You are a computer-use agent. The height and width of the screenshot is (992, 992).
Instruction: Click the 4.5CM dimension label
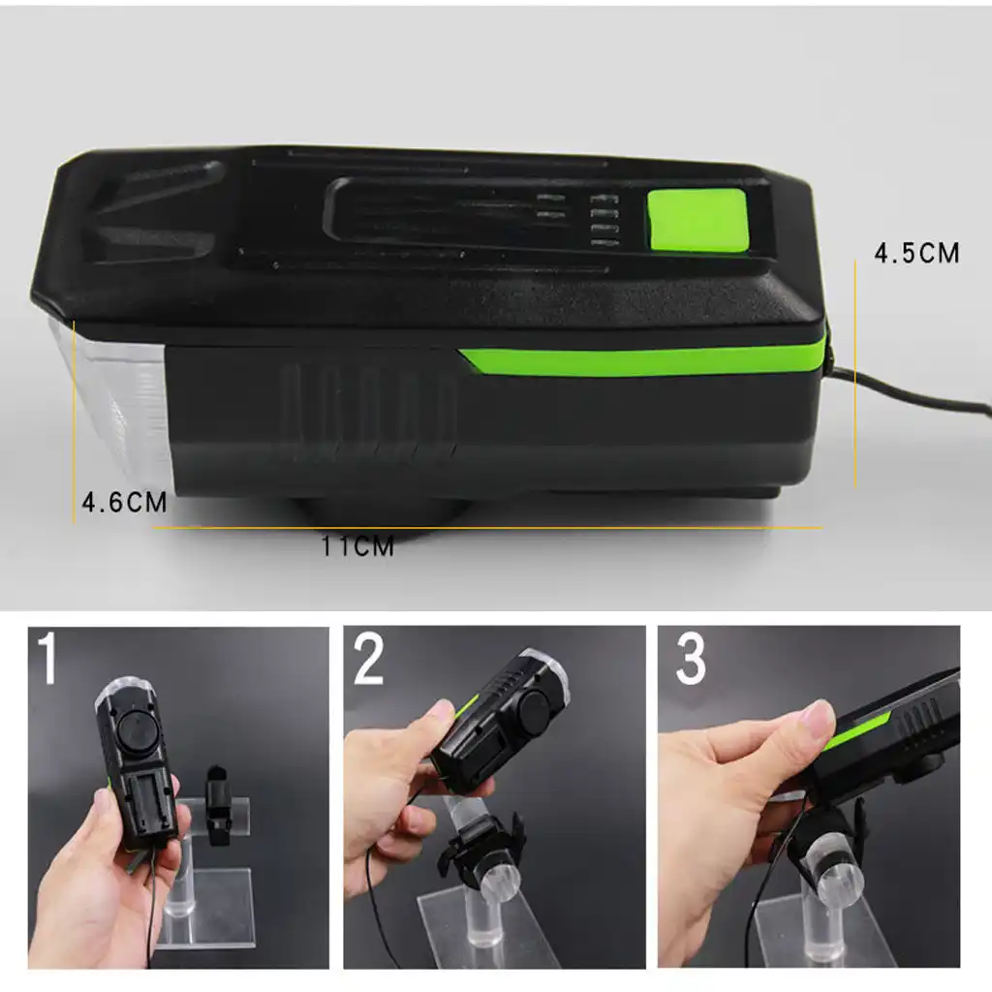pos(916,253)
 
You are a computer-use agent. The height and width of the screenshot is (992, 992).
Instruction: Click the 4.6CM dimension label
pos(123,503)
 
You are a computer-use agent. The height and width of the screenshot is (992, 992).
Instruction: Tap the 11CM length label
pos(358,547)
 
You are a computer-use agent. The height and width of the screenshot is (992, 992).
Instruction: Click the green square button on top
pos(697,221)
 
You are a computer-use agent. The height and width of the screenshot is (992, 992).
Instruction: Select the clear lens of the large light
pos(111,397)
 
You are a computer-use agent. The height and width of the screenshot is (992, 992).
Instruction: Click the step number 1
pos(49,660)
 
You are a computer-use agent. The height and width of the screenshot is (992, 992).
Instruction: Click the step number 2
pos(368,660)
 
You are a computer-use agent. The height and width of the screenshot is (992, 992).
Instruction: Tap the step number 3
pos(690,660)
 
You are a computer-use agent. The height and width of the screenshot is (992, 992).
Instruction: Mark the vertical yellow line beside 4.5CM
pos(855,378)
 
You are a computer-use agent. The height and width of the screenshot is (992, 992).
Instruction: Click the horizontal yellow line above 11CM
pos(484,528)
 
